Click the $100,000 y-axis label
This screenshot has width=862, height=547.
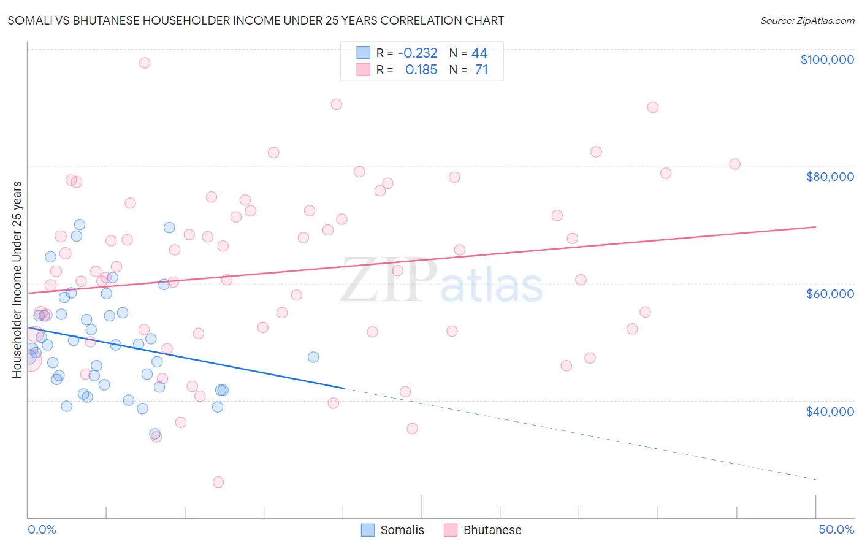pos(827,59)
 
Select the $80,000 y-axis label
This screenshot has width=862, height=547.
pos(830,177)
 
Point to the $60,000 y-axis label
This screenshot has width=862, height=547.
pos(830,294)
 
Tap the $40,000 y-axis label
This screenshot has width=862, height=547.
pos(830,411)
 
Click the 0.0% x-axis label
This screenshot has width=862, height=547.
pos(42,529)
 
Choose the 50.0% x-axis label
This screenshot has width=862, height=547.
pos(836,529)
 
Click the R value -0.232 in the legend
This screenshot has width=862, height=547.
pos(418,53)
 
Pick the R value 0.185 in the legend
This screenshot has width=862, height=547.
pos(421,70)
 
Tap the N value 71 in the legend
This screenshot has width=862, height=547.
pos(481,70)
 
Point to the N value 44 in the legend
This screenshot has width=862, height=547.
pos(479,53)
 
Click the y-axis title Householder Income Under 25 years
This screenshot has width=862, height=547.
pos(17,279)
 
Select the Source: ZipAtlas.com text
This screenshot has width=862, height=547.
pos(807,20)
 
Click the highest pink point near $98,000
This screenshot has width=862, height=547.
pos(145,63)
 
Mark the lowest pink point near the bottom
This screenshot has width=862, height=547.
pos(218,482)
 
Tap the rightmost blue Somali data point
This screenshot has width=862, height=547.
pos(313,357)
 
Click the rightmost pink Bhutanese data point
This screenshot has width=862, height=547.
pos(734,164)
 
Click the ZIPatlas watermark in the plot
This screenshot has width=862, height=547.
pos(441,280)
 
